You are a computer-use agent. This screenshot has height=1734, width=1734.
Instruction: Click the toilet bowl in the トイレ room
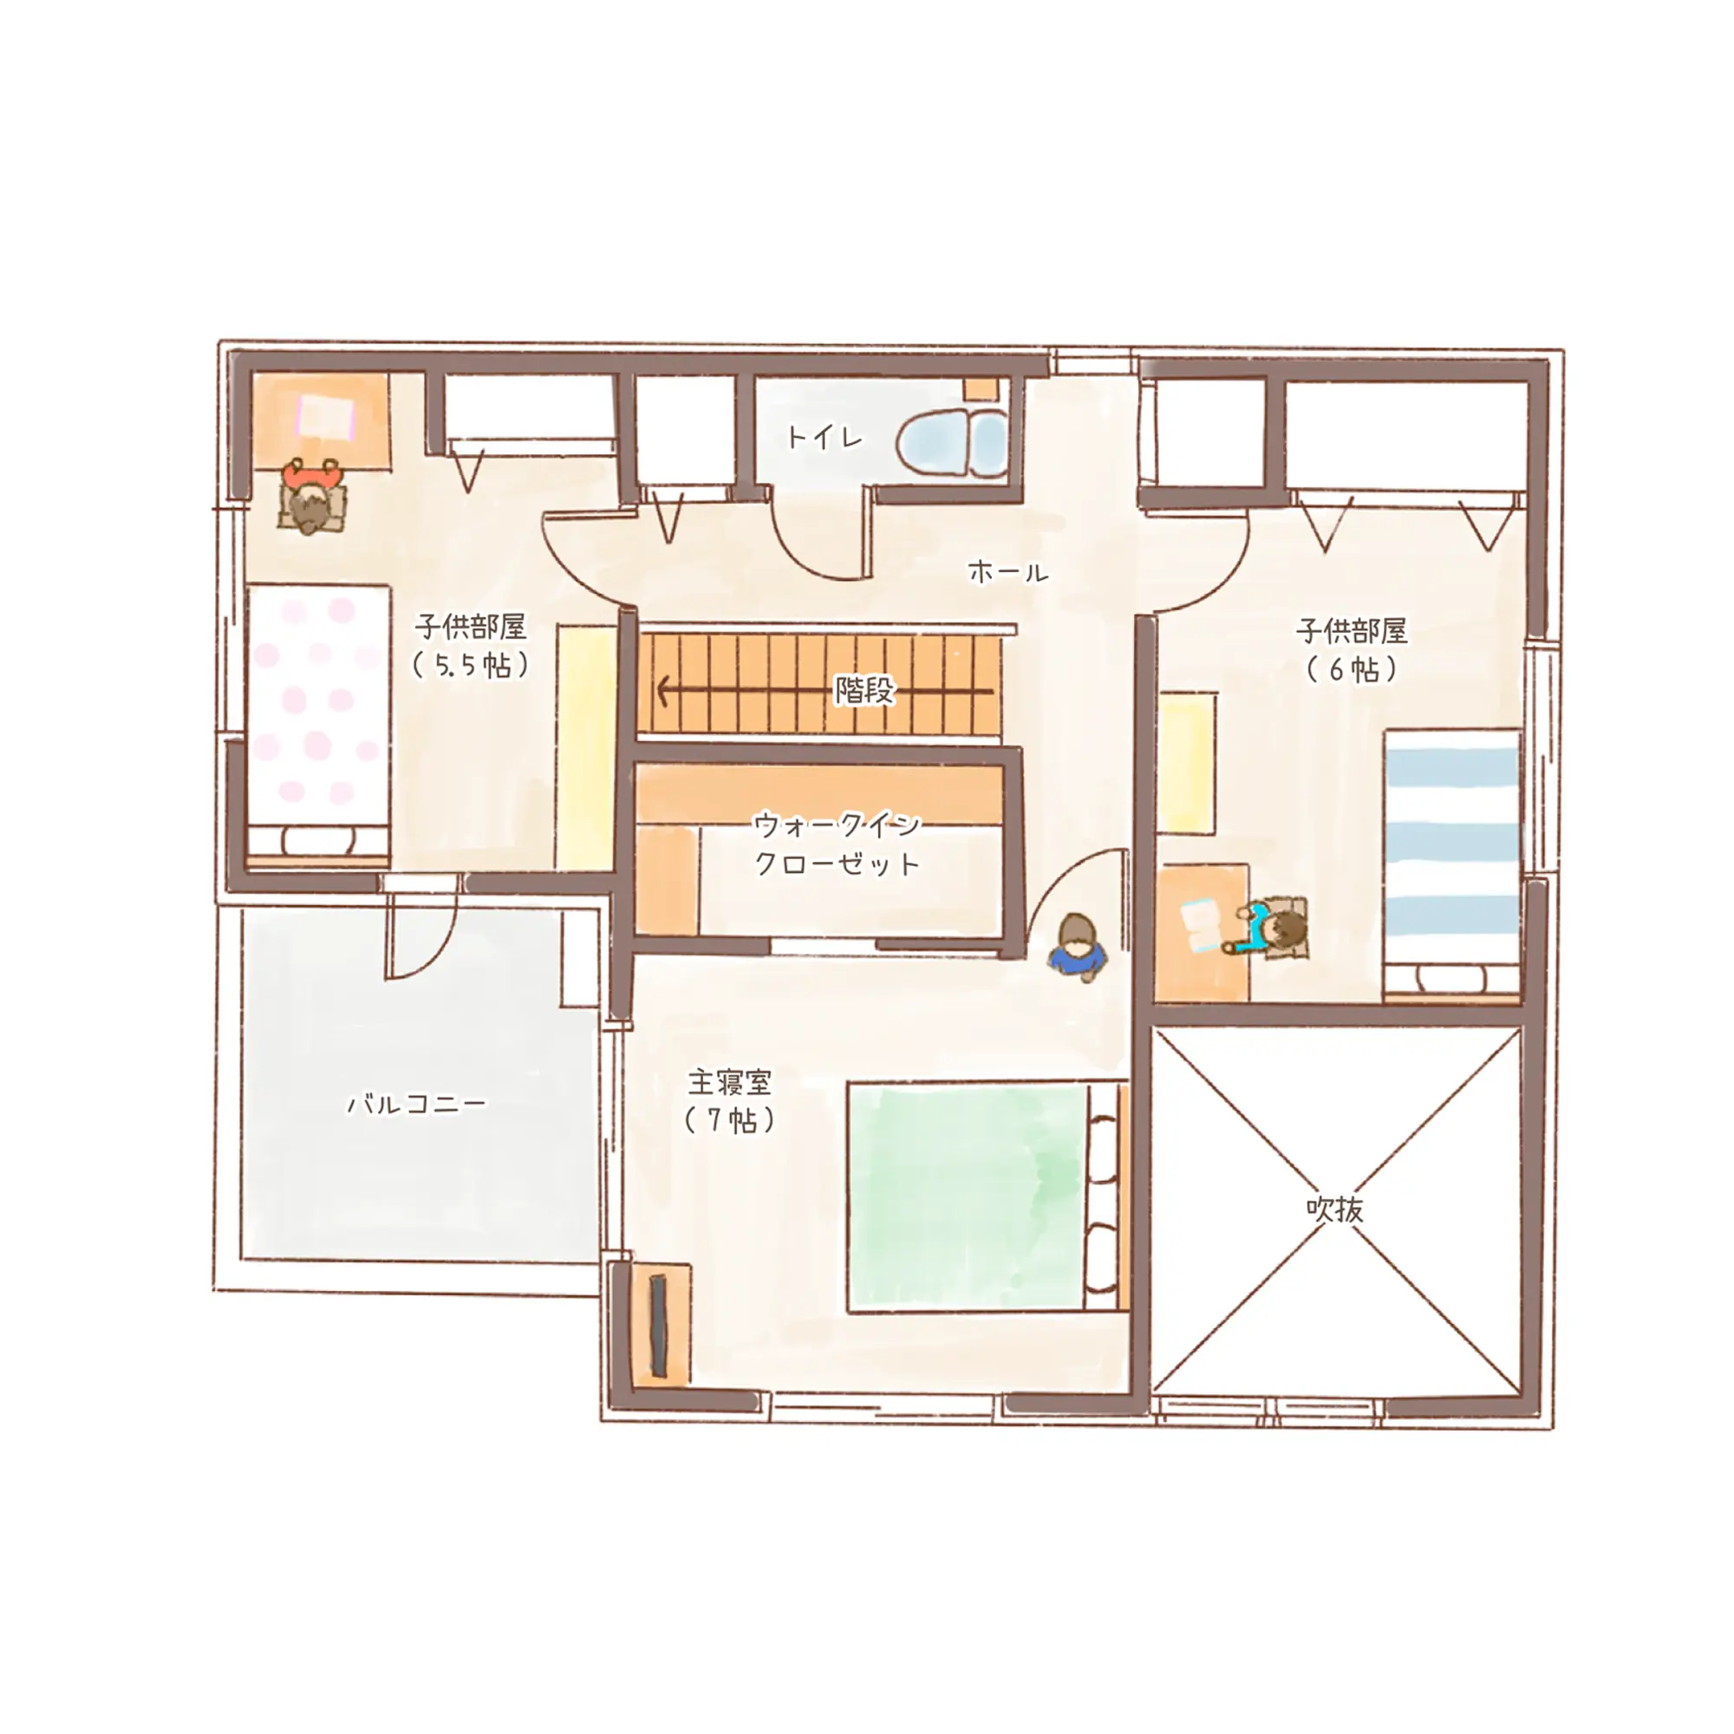(951, 444)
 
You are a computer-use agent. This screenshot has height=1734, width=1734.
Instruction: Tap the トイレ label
(824, 438)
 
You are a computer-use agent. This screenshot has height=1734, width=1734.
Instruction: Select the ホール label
(1007, 570)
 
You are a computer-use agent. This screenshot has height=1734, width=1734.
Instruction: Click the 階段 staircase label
(865, 689)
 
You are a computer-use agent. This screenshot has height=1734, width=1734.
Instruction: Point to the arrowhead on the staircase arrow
(664, 691)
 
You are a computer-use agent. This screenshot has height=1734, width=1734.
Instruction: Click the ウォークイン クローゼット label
(837, 843)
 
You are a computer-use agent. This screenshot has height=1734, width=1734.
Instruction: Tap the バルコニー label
(416, 1102)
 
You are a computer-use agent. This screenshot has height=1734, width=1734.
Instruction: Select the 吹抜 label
(1334, 1209)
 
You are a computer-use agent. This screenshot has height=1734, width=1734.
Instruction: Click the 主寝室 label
(729, 1081)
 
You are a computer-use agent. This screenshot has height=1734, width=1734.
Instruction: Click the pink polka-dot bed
(317, 720)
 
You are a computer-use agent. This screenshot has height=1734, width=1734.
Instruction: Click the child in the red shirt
(310, 495)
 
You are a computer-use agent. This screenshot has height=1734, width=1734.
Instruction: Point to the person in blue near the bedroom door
(1077, 948)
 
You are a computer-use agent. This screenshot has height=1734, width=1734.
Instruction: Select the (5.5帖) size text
(470, 666)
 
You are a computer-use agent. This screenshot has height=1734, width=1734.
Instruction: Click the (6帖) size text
(1351, 668)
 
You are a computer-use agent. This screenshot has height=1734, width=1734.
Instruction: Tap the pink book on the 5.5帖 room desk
(326, 417)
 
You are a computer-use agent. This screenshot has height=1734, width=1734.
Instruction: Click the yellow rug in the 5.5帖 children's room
(585, 746)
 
